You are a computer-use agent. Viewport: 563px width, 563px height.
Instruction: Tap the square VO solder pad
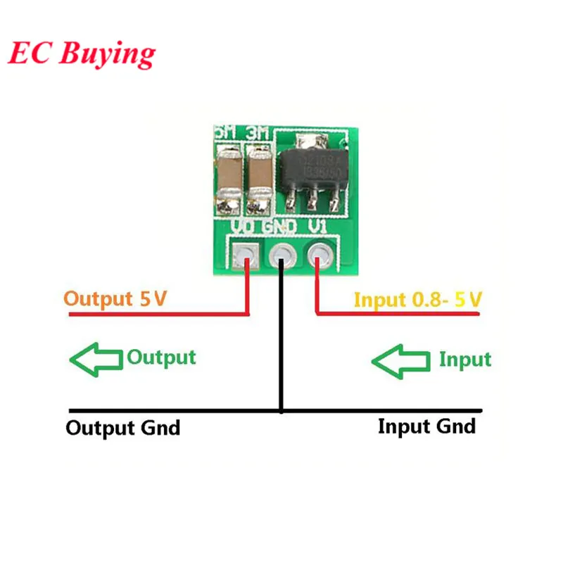point(246,253)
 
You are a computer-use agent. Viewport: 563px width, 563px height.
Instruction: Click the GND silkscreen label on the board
point(281,227)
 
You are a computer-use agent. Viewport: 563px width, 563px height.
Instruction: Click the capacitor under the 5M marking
point(227,176)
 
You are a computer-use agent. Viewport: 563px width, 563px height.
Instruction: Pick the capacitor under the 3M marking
point(259,176)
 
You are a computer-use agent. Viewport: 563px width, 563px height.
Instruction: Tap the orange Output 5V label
point(115,298)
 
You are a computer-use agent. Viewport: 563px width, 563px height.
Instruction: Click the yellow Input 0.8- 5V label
point(417,299)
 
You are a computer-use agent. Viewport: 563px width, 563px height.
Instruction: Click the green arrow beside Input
point(400,361)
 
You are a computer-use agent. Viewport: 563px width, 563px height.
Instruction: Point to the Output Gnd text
point(122,427)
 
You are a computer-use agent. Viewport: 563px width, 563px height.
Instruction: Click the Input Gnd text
point(426,426)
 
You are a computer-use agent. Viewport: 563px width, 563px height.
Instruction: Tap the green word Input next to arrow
point(464,360)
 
